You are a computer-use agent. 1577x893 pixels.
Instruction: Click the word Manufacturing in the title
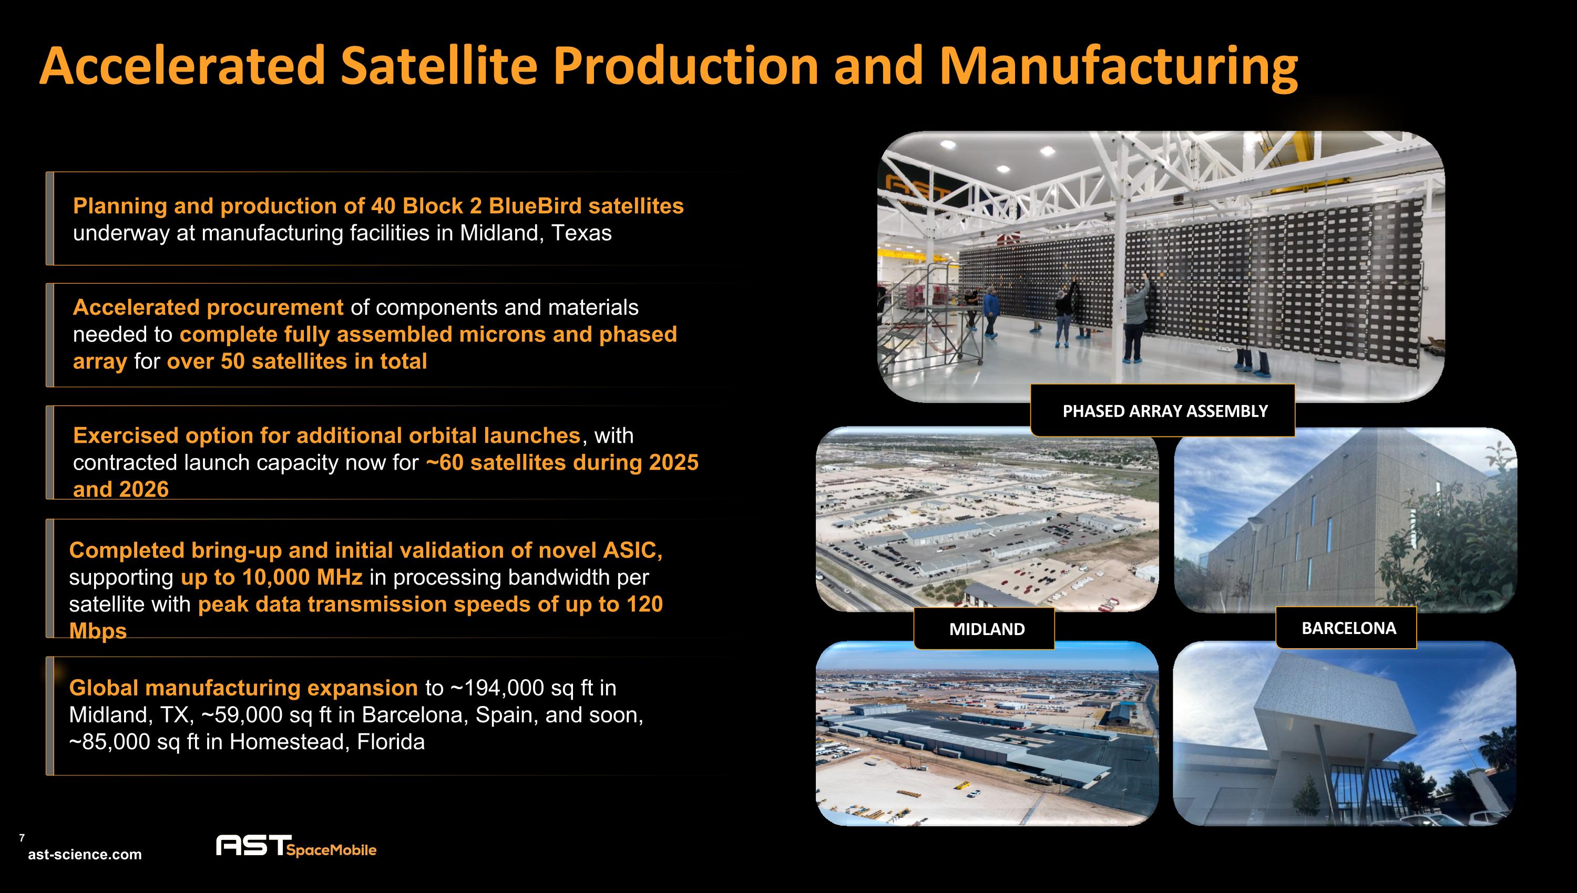(x=1118, y=66)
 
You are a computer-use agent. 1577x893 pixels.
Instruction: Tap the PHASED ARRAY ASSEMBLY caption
(x=1164, y=411)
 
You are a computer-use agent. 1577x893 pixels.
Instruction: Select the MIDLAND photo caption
(x=987, y=629)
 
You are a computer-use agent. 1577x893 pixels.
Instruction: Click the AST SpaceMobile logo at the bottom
(x=296, y=846)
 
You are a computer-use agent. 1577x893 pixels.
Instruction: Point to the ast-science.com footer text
(x=85, y=854)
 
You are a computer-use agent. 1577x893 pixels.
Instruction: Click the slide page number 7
(x=22, y=838)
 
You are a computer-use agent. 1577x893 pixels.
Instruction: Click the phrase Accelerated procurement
(x=208, y=307)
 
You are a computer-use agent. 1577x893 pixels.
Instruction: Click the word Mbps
(x=98, y=630)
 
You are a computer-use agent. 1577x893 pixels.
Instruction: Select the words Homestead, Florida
(x=326, y=742)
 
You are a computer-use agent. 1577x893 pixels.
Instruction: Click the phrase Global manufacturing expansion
(x=243, y=688)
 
